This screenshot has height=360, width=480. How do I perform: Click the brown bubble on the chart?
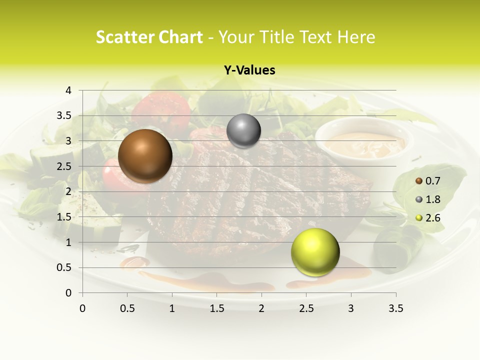click(x=145, y=155)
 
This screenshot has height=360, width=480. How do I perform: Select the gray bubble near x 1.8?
click(x=243, y=131)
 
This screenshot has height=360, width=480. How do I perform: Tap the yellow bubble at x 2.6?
click(x=315, y=252)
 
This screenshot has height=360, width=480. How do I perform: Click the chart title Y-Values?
click(x=249, y=70)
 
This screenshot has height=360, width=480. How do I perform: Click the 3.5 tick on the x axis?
click(x=395, y=308)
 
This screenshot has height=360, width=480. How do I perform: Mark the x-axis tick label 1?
click(x=172, y=308)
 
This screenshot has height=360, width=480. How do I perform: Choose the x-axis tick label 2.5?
click(x=306, y=308)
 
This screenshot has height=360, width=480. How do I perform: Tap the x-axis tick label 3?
click(x=351, y=308)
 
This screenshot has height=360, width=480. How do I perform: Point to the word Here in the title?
click(x=356, y=37)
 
